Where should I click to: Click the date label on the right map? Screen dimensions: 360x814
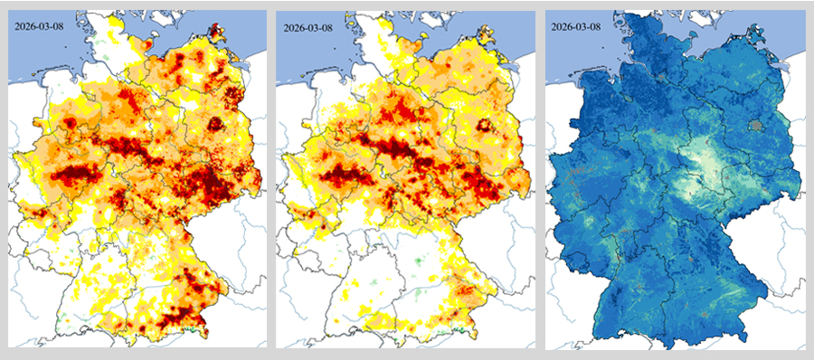(x=576, y=26)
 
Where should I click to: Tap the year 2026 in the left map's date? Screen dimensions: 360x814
(x=27, y=26)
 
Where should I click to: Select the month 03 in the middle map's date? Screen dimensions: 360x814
(x=313, y=26)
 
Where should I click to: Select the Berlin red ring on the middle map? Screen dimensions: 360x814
(x=485, y=125)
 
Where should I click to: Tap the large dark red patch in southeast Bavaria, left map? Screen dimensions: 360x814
(x=185, y=312)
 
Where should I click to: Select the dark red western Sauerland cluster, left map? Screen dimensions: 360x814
(x=77, y=172)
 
